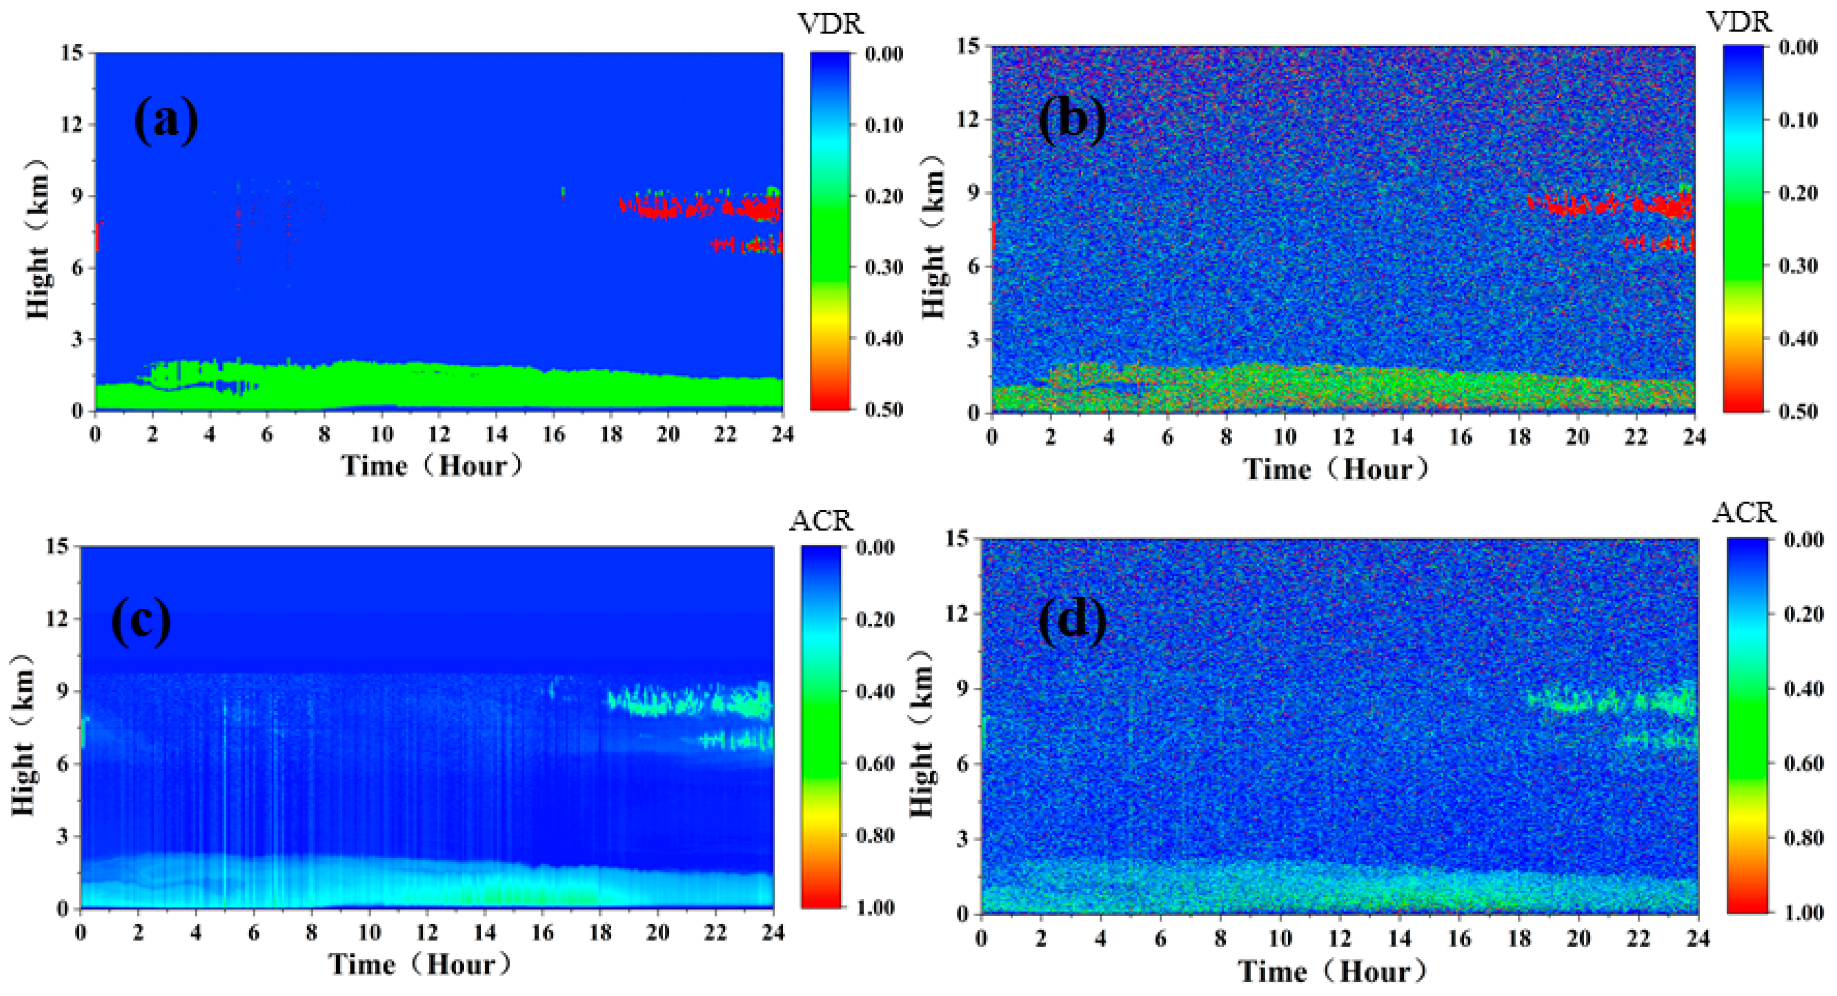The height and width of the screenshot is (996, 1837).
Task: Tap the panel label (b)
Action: tap(1072, 119)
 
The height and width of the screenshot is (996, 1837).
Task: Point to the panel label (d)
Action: tap(1072, 619)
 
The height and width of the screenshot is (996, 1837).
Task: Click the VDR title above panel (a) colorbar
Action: tap(831, 24)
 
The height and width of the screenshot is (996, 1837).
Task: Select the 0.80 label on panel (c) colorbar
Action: tap(875, 835)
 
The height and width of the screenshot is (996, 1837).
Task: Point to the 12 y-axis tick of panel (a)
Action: tap(72, 125)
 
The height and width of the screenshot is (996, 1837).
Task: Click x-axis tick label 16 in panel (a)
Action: tap(554, 434)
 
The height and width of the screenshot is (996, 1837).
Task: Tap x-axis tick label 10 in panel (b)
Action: tap(1285, 436)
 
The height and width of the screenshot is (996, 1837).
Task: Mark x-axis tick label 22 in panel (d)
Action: tap(1639, 938)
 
